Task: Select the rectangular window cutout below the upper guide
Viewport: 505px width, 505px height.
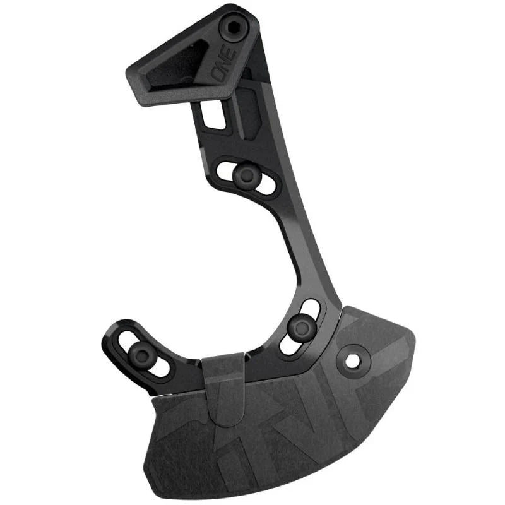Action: click(213, 116)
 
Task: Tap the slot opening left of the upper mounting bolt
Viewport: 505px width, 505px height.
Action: click(226, 169)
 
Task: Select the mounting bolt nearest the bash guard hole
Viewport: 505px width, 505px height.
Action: click(299, 326)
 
